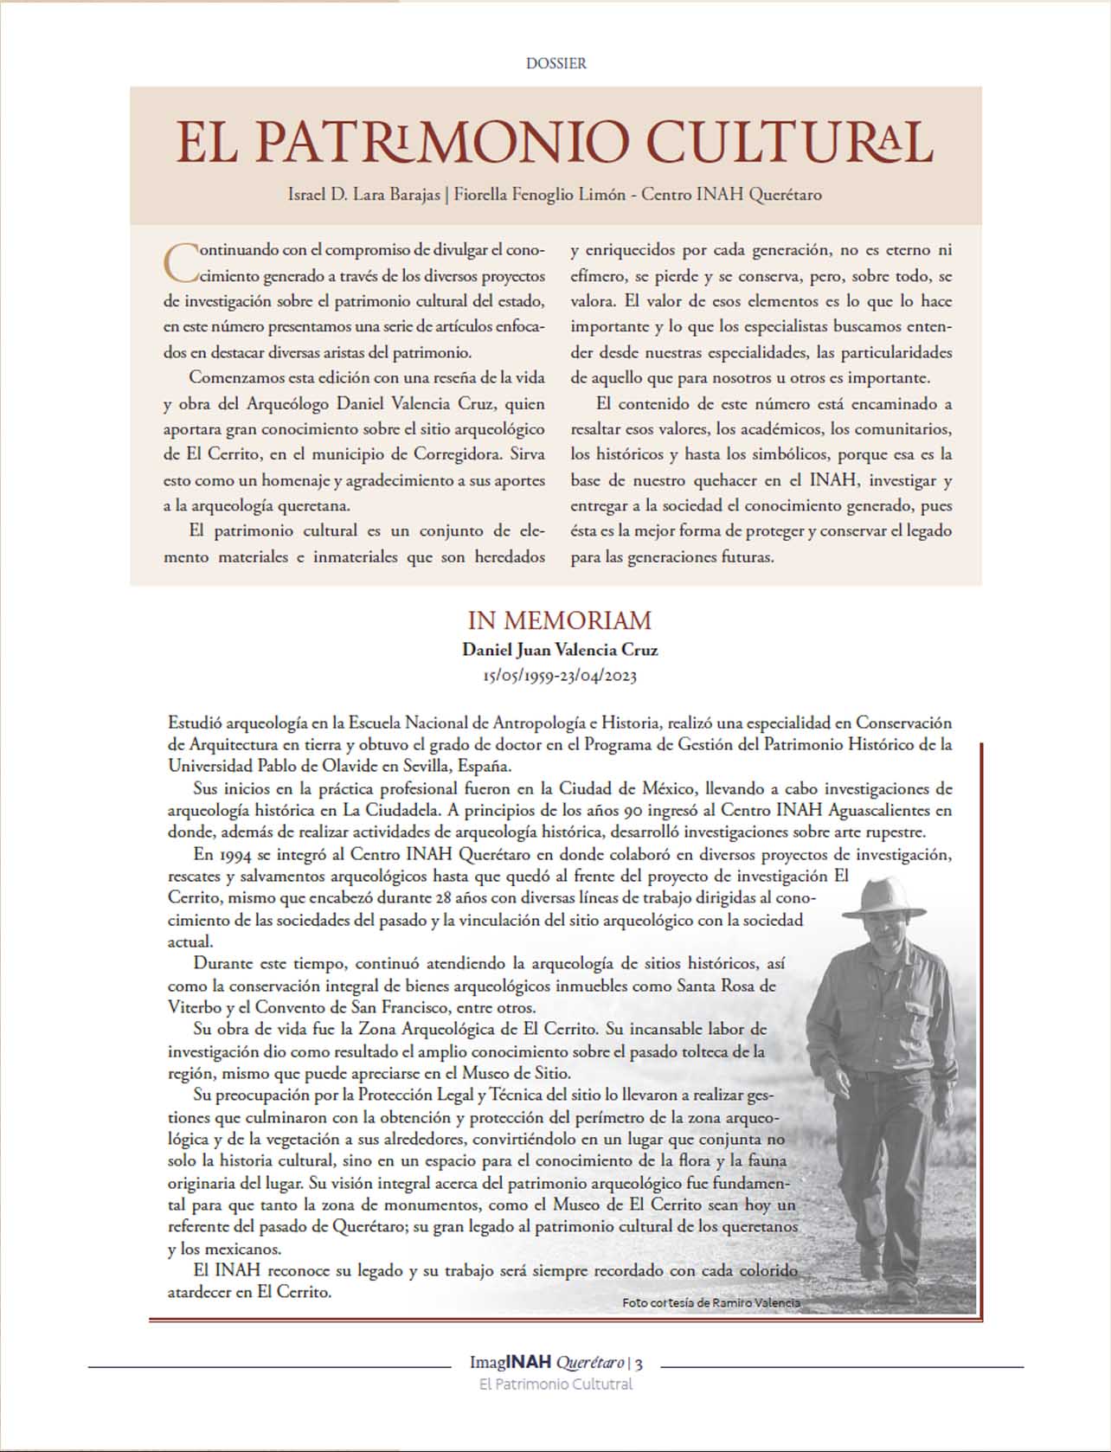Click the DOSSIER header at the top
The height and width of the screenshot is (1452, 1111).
555,63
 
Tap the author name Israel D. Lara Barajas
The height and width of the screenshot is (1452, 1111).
363,195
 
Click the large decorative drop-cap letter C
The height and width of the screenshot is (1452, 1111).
180,261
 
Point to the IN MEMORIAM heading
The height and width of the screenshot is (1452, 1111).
559,620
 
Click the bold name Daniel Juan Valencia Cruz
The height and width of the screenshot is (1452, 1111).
559,650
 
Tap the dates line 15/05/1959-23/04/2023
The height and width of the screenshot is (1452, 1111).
559,676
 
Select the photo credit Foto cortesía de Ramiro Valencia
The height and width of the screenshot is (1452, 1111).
710,1302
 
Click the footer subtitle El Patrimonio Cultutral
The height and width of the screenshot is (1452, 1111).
555,1385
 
